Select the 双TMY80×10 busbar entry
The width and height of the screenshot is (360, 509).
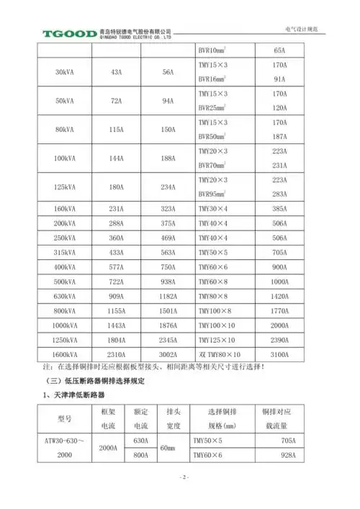219,355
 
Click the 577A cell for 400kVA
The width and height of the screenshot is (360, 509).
117,266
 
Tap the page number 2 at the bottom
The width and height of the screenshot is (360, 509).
183,477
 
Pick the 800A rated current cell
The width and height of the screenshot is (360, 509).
140,456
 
